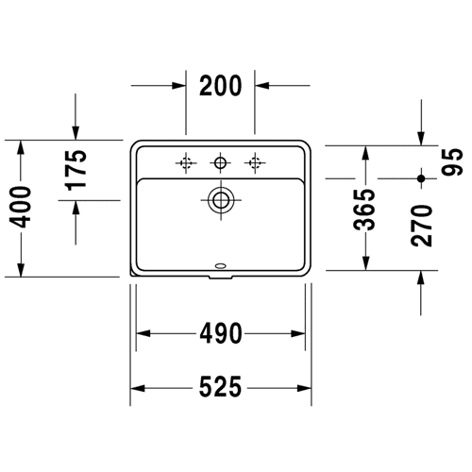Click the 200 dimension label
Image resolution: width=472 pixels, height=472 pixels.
(x=221, y=86)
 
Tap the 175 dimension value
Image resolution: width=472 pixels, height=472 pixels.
(x=76, y=170)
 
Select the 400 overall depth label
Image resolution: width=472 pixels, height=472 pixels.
(x=20, y=207)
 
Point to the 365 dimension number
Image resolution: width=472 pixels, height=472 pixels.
(x=364, y=210)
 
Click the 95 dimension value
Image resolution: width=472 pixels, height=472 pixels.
(x=452, y=161)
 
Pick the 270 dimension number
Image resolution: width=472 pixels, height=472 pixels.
(x=421, y=226)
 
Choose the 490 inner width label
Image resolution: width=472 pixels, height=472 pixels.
(x=221, y=333)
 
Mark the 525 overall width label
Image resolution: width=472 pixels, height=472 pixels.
(x=221, y=387)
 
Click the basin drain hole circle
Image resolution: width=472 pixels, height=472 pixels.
(x=221, y=200)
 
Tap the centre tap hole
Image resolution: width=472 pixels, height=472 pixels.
(x=220, y=162)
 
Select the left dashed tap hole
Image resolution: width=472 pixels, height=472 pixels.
(x=186, y=162)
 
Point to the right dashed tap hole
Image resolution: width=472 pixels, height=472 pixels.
(x=255, y=162)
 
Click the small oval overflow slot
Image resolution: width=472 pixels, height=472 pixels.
(x=221, y=266)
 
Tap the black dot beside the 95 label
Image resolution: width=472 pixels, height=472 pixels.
(x=421, y=178)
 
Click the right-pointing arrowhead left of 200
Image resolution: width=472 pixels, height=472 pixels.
(x=178, y=85)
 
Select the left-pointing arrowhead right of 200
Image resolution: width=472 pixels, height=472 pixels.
(x=262, y=85)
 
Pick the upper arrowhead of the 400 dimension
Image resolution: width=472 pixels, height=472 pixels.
(x=21, y=147)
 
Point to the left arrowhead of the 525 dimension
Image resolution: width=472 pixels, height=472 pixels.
(x=138, y=388)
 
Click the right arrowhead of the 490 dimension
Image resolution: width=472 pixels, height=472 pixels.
(x=297, y=333)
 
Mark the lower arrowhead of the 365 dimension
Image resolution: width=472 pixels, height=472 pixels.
(x=365, y=262)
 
